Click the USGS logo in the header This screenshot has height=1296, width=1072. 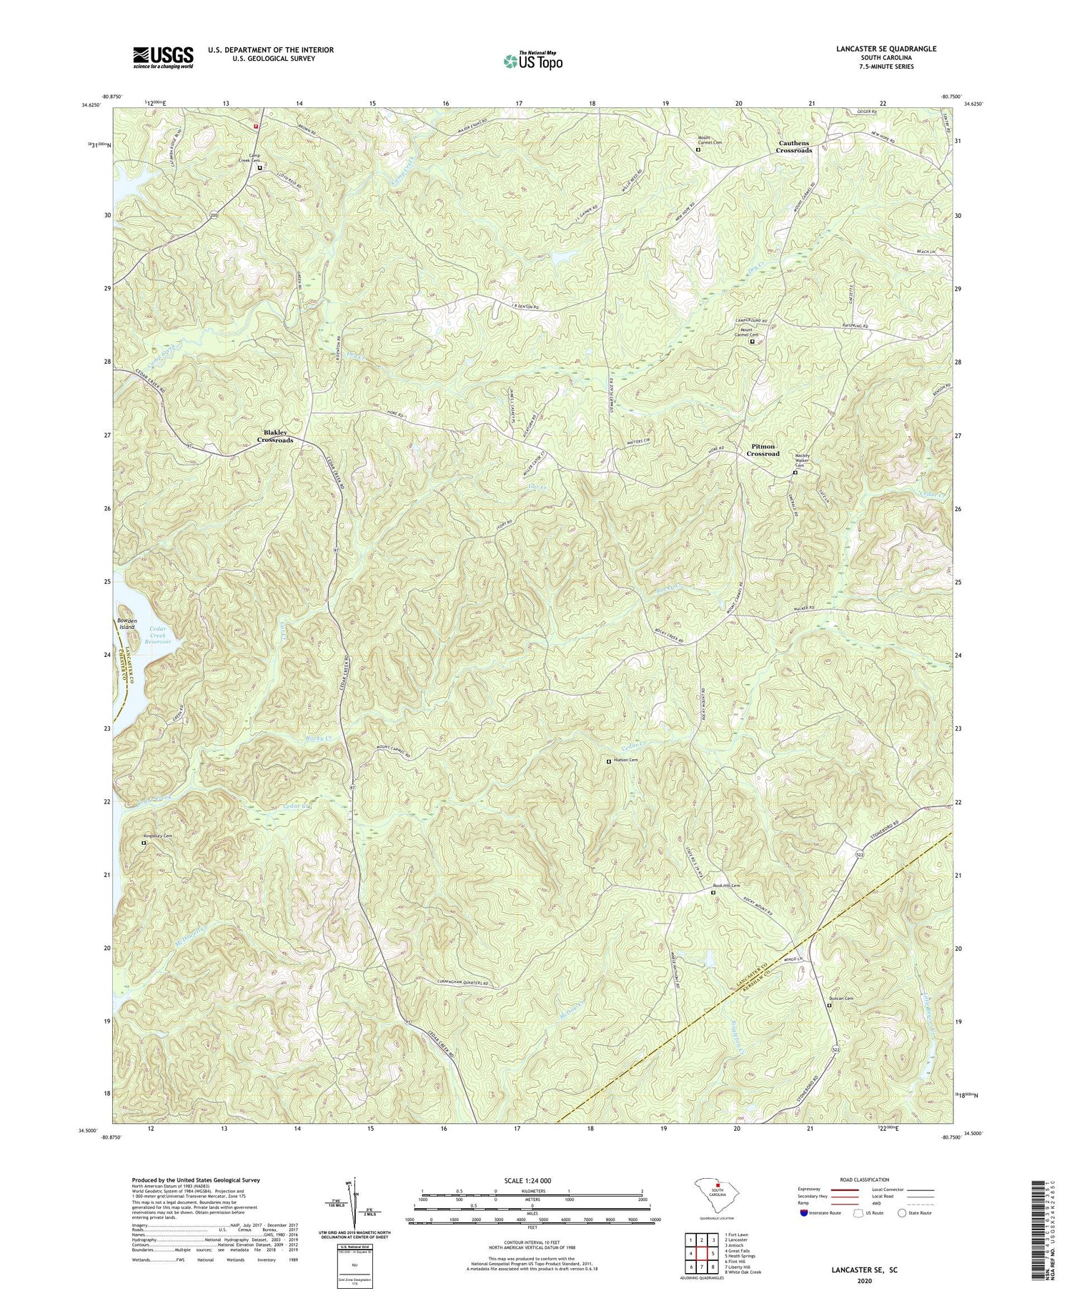tap(163, 56)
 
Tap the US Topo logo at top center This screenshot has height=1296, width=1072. tap(533, 61)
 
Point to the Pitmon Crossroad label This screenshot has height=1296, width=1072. tap(763, 450)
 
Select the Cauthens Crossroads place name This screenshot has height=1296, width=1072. tap(795, 147)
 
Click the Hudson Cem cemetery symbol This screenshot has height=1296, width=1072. tap(609, 761)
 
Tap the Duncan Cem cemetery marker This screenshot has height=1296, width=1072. tap(829, 1005)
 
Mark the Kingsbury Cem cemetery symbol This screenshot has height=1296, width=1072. tap(144, 843)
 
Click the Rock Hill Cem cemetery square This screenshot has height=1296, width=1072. tap(713, 893)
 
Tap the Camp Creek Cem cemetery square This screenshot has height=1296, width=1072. tap(260, 169)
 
